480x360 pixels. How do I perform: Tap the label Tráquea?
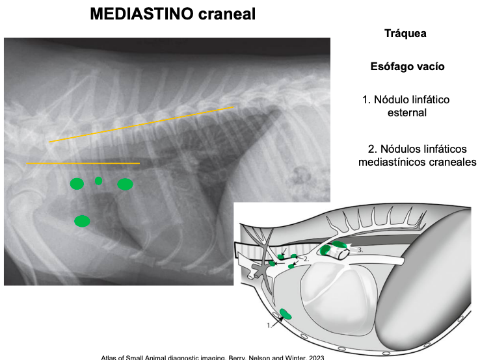tap(405, 34)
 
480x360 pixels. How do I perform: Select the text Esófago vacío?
tap(407, 66)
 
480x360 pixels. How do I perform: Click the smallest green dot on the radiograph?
tap(99, 181)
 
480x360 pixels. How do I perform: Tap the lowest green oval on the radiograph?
tap(82, 221)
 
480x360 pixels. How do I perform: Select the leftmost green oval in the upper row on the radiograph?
tap(77, 184)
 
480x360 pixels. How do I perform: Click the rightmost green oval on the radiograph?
tap(125, 185)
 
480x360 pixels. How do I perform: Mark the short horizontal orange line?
tap(83, 163)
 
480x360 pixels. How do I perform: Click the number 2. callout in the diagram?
tap(308, 259)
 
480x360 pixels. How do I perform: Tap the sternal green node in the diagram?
tap(286, 315)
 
